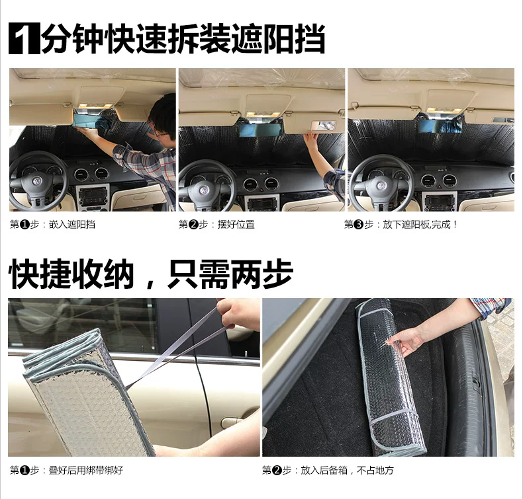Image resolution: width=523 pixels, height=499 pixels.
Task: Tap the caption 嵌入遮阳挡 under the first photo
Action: [x=72, y=224]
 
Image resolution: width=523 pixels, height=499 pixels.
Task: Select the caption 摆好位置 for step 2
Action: [x=236, y=224]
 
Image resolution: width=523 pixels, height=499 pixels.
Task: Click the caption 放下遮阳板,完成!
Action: [x=420, y=224]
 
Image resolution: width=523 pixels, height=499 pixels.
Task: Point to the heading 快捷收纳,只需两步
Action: [x=151, y=275]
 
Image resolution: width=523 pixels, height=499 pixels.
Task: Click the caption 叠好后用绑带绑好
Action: [x=86, y=470]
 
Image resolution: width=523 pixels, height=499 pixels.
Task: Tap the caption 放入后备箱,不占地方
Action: [x=347, y=470]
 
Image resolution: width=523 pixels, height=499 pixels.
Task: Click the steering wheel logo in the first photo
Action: [x=36, y=182]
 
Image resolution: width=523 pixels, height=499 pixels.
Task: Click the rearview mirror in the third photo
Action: [x=440, y=126]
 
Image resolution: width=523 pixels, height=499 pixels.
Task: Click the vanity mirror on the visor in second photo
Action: [x=323, y=126]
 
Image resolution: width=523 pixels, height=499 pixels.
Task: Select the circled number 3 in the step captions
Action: [x=358, y=225]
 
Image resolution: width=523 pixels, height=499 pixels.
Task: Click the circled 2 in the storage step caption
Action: [x=277, y=471]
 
